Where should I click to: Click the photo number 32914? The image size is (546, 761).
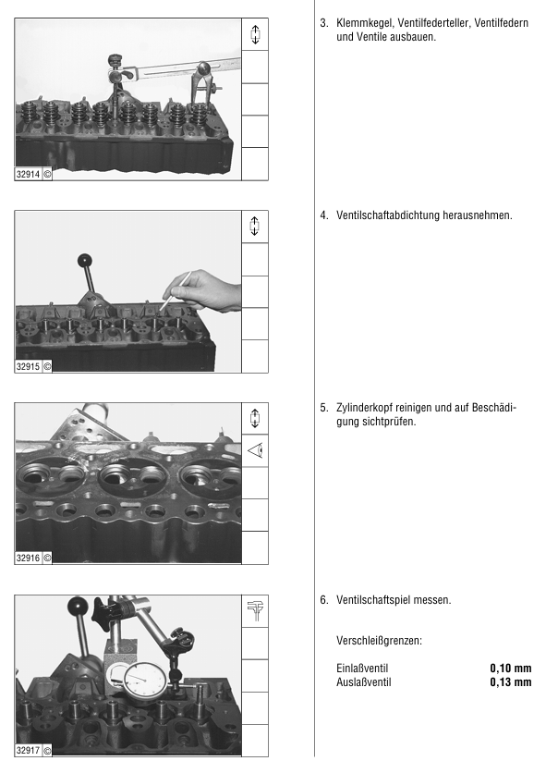[28, 174]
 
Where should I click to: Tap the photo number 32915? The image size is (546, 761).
[28, 366]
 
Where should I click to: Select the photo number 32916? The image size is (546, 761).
[28, 558]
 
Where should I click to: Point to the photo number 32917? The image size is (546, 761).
[28, 750]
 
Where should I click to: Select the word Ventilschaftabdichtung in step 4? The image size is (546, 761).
[388, 215]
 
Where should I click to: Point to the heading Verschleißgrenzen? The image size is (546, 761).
[379, 641]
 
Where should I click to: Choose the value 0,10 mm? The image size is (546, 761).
[511, 669]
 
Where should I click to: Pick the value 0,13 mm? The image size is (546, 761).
[511, 682]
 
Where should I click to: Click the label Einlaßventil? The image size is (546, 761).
[362, 669]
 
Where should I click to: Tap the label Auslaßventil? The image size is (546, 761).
[364, 682]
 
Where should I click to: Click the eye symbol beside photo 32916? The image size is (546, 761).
[255, 451]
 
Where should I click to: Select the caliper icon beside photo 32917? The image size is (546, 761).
[255, 611]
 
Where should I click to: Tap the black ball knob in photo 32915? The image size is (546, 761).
[84, 260]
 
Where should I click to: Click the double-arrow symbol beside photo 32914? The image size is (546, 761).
[255, 34]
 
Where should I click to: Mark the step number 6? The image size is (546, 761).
[324, 600]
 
